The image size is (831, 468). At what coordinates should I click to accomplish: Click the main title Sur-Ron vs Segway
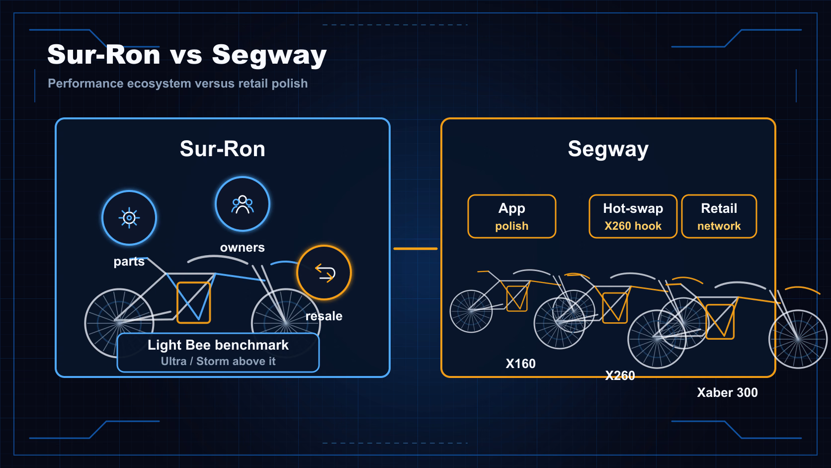click(187, 55)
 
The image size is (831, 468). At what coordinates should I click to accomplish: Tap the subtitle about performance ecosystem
click(178, 84)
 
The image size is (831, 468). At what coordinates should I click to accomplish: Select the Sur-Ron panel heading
click(223, 149)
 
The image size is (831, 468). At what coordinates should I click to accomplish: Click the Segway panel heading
click(608, 150)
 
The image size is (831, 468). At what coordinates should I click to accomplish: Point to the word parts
click(129, 262)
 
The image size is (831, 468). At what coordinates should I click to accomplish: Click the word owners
click(243, 248)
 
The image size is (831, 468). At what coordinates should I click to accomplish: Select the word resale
click(324, 316)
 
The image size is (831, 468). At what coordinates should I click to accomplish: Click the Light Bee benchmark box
click(218, 353)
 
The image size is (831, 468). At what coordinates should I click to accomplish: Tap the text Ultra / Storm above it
click(218, 361)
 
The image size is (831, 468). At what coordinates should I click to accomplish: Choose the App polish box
click(512, 216)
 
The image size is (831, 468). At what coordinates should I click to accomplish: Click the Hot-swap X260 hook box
click(633, 216)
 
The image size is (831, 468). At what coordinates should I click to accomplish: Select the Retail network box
click(719, 216)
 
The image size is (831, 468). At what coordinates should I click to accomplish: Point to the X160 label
click(521, 364)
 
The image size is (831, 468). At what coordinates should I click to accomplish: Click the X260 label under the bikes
click(620, 375)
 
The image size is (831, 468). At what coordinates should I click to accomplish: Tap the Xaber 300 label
click(728, 393)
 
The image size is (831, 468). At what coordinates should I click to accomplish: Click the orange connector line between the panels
click(415, 249)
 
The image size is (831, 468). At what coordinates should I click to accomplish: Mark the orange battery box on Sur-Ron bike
click(194, 302)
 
